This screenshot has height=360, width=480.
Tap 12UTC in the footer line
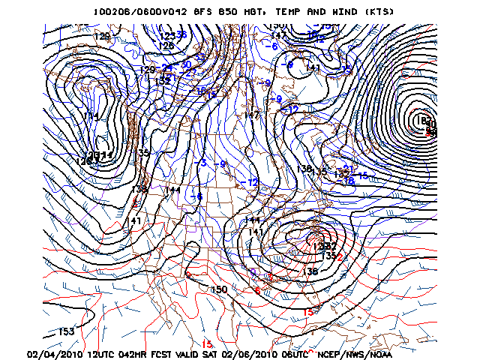point(105,352)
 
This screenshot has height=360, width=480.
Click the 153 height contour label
point(66,331)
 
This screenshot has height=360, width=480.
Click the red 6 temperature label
point(257,290)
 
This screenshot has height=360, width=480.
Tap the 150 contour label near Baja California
point(219,289)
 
